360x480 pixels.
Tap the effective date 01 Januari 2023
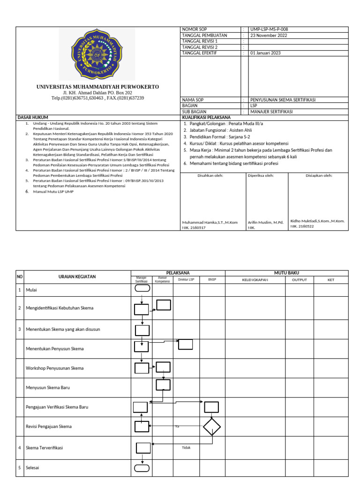(265, 53)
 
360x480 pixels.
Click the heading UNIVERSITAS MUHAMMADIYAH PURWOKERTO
(98, 87)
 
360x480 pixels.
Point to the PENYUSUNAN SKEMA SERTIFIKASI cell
(283, 100)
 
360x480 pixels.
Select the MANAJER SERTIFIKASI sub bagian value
(271, 112)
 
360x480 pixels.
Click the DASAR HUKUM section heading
(33, 117)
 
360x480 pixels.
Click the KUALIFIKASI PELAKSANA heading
(206, 117)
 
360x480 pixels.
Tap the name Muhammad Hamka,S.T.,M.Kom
(210, 222)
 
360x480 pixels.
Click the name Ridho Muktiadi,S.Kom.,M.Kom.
(317, 220)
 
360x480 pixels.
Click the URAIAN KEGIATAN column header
(77, 277)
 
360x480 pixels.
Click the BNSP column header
(212, 280)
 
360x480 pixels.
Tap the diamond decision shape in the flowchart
(211, 427)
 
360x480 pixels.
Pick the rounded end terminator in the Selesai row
(142, 467)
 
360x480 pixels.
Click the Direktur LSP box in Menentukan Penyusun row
(185, 344)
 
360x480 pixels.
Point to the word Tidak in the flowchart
(187, 447)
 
